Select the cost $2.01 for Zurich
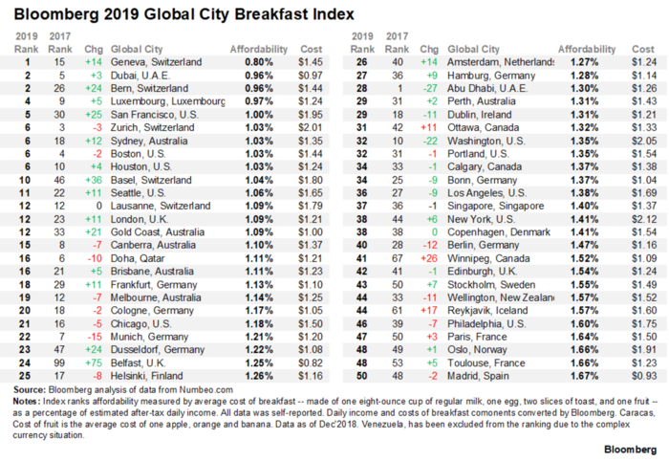point(312,126)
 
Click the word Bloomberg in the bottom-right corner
point(630,448)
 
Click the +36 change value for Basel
point(92,179)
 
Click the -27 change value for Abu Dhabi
point(430,87)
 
